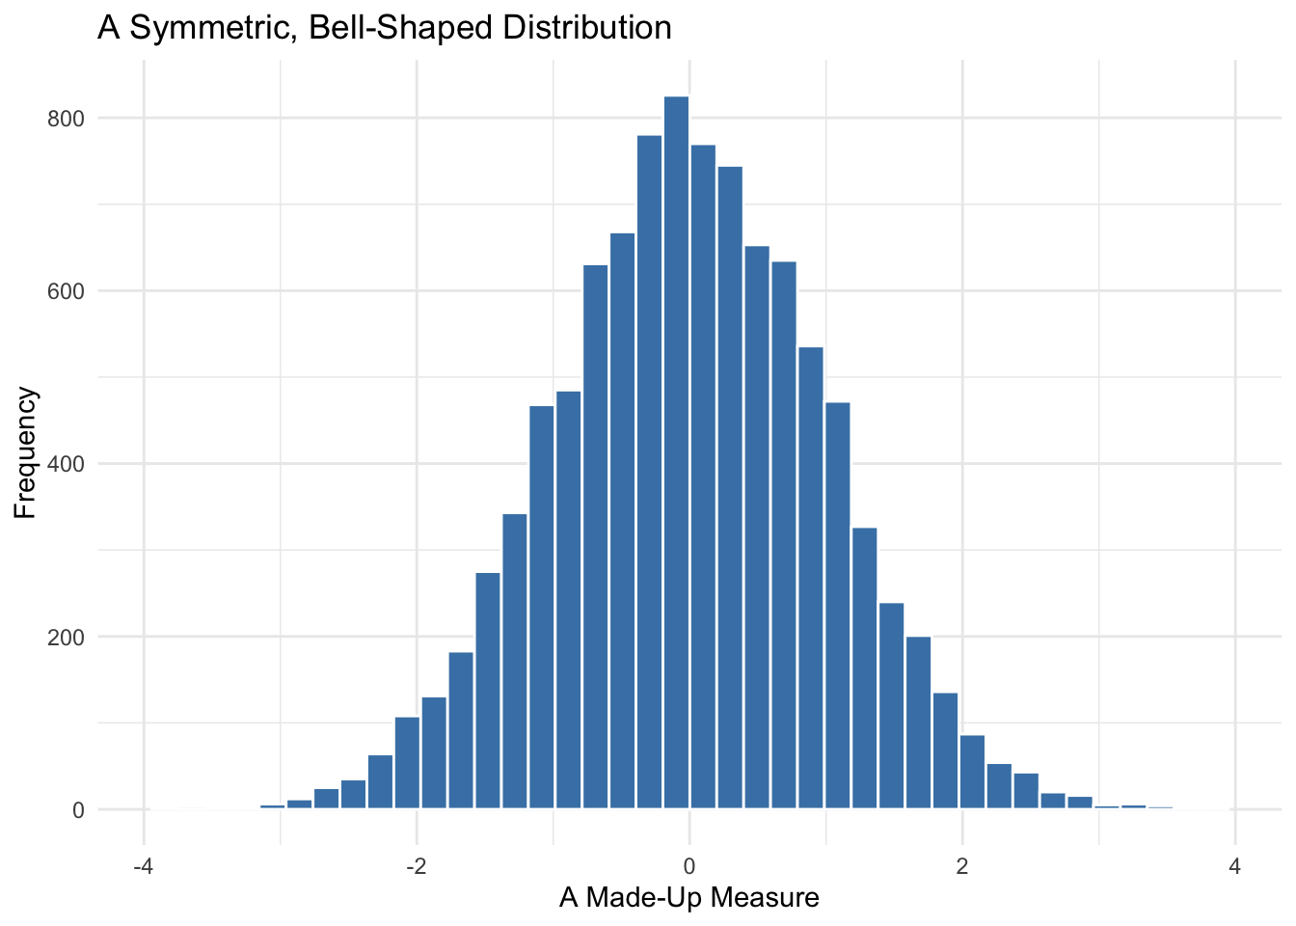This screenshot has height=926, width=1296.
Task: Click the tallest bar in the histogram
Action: pyautogui.click(x=676, y=453)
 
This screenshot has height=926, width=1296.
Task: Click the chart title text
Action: pyautogui.click(x=384, y=27)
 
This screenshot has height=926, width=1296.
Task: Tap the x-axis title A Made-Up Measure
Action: pyautogui.click(x=688, y=898)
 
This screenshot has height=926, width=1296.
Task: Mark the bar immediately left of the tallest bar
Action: pyautogui.click(x=649, y=473)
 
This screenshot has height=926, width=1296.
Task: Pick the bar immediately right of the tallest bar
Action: pyautogui.click(x=703, y=477)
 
